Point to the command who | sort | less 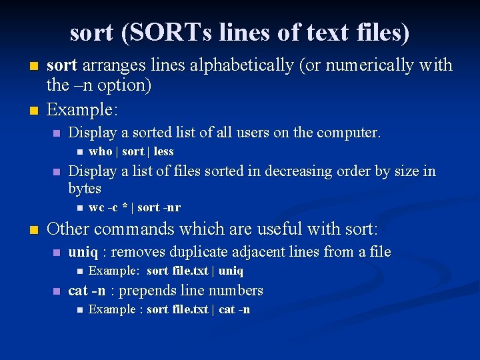(x=131, y=151)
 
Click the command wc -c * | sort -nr (x=135, y=207)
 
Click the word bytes (x=85, y=189)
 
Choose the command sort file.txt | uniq (x=195, y=271)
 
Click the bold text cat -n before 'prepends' (x=87, y=291)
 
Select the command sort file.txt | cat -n (x=198, y=309)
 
